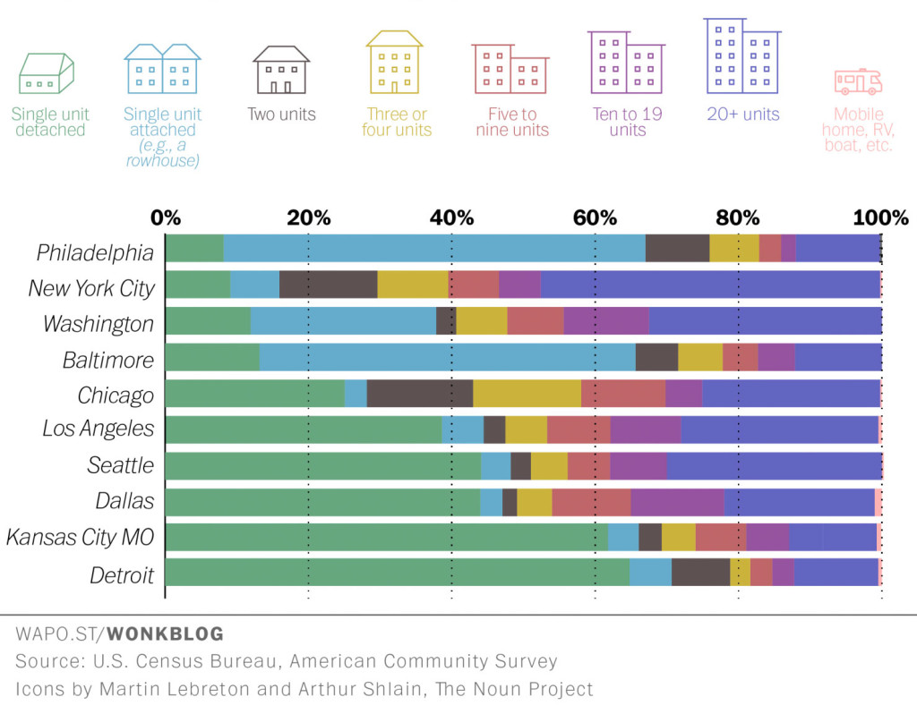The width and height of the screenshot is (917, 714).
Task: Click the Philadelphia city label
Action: (x=95, y=253)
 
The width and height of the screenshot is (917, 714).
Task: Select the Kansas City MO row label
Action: (x=80, y=538)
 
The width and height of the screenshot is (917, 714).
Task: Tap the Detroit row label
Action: (x=122, y=574)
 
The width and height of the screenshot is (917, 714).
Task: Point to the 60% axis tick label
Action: (x=595, y=217)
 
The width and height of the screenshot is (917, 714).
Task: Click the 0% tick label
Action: (x=166, y=217)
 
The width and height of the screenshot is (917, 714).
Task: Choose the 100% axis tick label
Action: (x=880, y=217)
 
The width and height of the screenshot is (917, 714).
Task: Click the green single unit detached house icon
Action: (x=47, y=73)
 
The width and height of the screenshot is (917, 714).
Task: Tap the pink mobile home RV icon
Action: (x=858, y=81)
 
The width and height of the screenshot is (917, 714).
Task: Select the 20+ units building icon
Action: (x=741, y=55)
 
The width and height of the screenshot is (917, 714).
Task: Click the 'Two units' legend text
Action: (x=282, y=115)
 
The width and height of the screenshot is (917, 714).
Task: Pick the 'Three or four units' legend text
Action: (x=397, y=123)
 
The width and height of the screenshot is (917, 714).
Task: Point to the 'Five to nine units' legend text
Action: (x=512, y=123)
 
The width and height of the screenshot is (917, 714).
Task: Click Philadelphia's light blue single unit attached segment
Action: (x=433, y=248)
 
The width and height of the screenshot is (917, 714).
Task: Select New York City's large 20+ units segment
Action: (x=710, y=284)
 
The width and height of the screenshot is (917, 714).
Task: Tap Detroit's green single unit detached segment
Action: (x=397, y=572)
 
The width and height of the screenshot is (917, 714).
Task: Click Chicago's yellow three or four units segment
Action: (x=527, y=392)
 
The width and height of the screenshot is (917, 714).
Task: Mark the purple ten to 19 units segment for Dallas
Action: (x=677, y=501)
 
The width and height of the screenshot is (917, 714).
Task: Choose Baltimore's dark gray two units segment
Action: (x=656, y=356)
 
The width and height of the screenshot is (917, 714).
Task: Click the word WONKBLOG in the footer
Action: (x=166, y=634)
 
